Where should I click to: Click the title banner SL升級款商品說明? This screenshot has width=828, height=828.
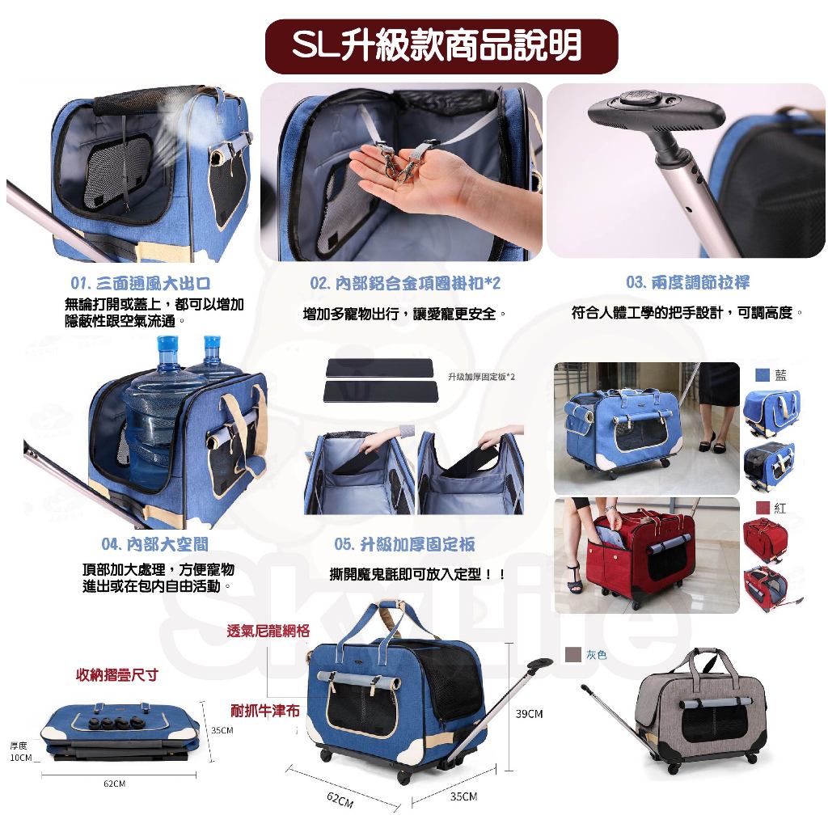[441, 46]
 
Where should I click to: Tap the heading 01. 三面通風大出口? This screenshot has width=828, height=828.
[141, 283]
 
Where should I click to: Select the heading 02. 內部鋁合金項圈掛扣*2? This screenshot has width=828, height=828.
[405, 284]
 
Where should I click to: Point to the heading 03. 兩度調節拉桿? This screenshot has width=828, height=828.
[687, 282]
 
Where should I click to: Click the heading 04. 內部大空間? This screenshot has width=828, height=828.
[154, 544]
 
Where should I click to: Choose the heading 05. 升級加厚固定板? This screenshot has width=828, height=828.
[404, 544]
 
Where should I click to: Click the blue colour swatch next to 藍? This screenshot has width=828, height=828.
[762, 375]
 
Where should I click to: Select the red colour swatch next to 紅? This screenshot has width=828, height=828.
[763, 508]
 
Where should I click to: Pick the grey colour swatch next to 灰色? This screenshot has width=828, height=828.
[573, 655]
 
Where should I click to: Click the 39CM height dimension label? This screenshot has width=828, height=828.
[529, 714]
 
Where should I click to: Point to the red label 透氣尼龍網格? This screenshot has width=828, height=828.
[268, 631]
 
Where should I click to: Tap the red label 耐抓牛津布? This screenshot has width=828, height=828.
[265, 711]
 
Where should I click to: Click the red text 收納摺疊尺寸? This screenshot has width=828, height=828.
[117, 675]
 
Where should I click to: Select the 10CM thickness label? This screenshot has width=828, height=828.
[21, 758]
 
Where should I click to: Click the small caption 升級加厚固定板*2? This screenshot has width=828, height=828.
[481, 377]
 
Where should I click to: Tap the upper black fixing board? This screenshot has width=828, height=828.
[379, 368]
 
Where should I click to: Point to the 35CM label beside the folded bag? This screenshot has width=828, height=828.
[222, 730]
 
